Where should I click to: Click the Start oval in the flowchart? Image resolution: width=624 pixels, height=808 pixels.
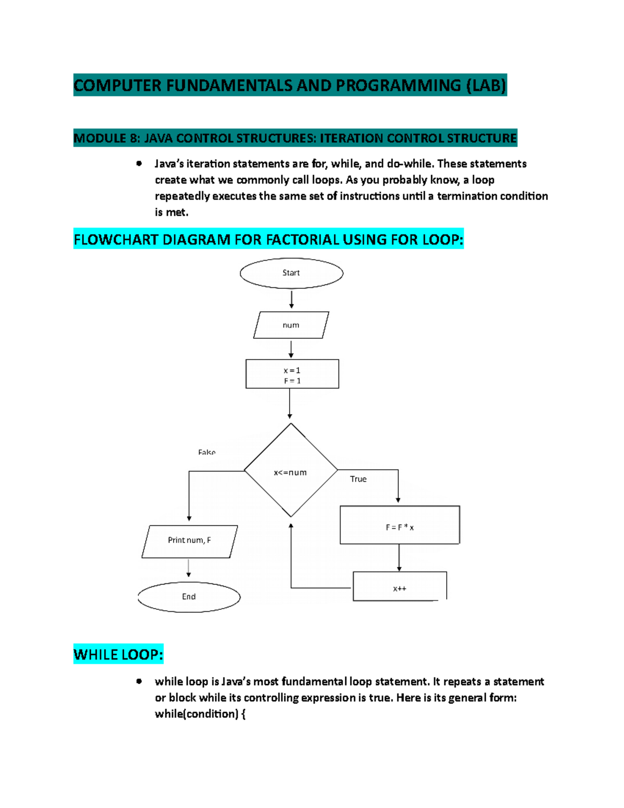(x=291, y=273)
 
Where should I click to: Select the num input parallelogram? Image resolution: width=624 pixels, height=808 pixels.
(x=291, y=325)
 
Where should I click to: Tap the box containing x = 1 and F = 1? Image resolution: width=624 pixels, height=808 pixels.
(x=292, y=374)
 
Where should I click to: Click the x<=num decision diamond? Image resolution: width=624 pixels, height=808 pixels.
(x=291, y=470)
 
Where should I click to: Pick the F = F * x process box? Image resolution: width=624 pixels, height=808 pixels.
(x=399, y=525)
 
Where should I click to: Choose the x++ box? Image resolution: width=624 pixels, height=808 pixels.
(x=399, y=587)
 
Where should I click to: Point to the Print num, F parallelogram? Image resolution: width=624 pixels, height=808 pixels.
(x=189, y=541)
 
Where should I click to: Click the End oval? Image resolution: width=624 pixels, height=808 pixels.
(x=189, y=597)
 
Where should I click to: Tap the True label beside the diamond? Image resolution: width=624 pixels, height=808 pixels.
(x=358, y=479)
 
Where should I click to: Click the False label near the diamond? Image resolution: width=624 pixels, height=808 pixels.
(x=206, y=452)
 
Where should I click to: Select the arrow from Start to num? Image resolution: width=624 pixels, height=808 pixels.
(x=291, y=300)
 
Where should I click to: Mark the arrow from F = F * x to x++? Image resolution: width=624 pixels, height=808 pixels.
(x=399, y=558)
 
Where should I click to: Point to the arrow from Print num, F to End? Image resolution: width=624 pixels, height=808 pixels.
(x=189, y=568)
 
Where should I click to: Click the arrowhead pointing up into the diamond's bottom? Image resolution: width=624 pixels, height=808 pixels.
(x=291, y=527)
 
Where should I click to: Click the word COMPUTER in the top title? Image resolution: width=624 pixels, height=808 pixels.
(x=118, y=85)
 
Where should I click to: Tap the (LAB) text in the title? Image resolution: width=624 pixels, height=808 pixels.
(x=486, y=85)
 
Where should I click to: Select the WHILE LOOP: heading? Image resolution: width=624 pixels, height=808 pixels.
(x=119, y=655)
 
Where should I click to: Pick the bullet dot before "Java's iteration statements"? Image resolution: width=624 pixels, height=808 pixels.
(x=139, y=163)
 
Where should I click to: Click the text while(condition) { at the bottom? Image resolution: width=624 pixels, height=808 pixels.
(x=200, y=714)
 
